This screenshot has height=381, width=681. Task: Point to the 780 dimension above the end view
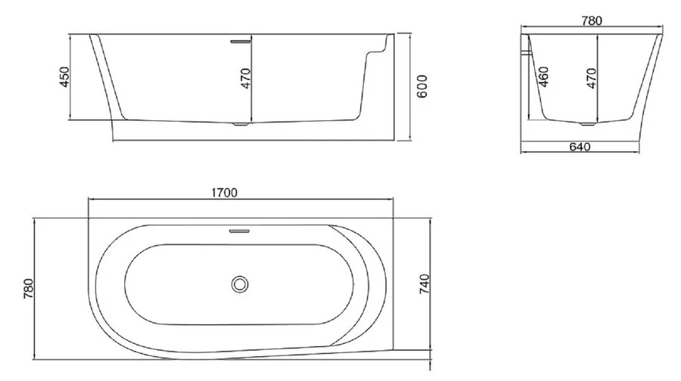click(592, 21)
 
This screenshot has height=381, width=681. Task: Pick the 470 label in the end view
click(591, 79)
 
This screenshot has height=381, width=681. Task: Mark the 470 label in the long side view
click(244, 79)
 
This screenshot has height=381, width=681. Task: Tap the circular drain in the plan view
click(241, 285)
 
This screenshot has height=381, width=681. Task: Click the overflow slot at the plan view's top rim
click(241, 228)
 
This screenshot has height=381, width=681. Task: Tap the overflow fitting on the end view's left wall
click(527, 52)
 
